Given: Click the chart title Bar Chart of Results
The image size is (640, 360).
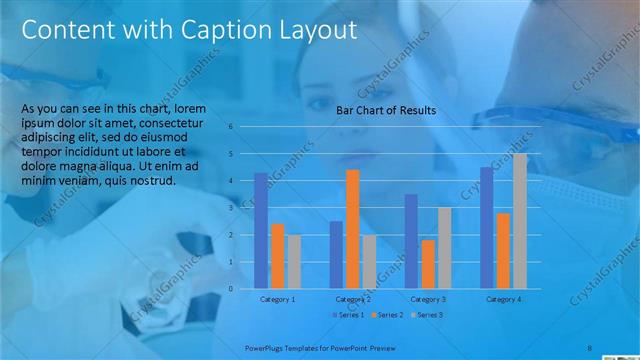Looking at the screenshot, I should [385, 111].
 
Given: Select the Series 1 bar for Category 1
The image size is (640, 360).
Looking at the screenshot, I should [261, 231].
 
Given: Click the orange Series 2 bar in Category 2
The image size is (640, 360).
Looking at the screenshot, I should [353, 229].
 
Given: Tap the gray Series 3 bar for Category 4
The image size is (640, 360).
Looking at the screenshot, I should [519, 221].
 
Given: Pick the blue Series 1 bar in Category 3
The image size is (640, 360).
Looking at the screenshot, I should [411, 241].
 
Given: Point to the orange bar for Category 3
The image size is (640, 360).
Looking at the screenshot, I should [428, 264].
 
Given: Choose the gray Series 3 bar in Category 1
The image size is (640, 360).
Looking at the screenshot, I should [293, 262].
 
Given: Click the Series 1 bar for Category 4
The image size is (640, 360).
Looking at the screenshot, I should [486, 228].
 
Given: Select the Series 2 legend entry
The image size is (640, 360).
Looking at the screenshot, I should [389, 315].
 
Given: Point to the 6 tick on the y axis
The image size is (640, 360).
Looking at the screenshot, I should [231, 127].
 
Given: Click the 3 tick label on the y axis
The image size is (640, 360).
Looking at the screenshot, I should [231, 208].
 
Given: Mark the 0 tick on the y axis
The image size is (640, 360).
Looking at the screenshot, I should [231, 289].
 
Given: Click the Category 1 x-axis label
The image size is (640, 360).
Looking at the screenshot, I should [277, 299].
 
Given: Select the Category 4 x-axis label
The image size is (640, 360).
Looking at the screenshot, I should [502, 299].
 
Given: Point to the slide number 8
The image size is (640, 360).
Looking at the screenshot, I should [590, 348].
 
